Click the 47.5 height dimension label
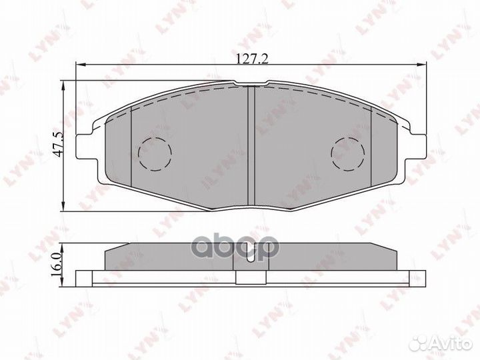click(58, 144)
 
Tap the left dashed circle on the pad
click(154, 153)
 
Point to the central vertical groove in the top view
click(251, 143)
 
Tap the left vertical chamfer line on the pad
click(132, 147)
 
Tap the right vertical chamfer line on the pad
click(371, 147)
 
